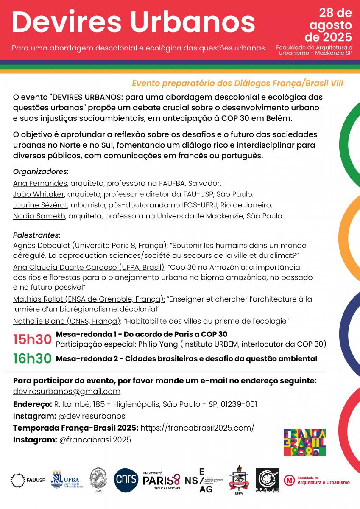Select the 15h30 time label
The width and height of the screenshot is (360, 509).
32,339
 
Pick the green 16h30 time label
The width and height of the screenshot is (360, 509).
32,359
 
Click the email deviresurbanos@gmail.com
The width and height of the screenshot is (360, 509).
67,391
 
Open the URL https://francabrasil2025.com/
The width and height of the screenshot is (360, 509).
197,428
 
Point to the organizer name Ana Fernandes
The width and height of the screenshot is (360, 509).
40,183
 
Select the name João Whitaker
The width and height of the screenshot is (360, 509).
39,194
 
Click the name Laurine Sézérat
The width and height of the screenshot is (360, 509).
40,205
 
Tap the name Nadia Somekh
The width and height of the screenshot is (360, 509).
39,216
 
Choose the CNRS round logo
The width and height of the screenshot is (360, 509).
126,481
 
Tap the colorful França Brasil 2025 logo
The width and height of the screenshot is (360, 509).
304,443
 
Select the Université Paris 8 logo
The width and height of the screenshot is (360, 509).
161,481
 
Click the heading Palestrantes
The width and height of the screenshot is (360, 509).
36,235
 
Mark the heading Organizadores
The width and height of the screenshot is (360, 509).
40,172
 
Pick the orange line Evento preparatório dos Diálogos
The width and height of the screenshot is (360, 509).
237,83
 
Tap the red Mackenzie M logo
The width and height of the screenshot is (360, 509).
290,480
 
